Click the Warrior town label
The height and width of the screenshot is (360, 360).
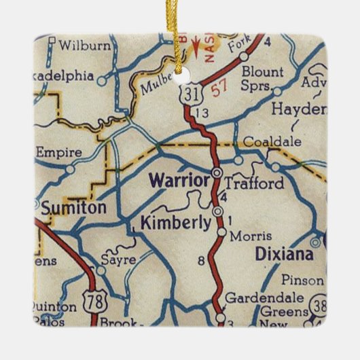tap(179, 181)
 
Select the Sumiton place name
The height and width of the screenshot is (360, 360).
tap(73, 208)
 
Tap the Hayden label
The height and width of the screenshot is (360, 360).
tap(295, 109)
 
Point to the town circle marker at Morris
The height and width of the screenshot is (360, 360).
tap(221, 233)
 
